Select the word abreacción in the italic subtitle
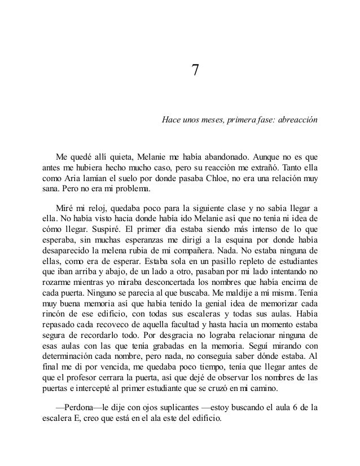tap(297, 121)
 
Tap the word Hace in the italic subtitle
tap(171, 121)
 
